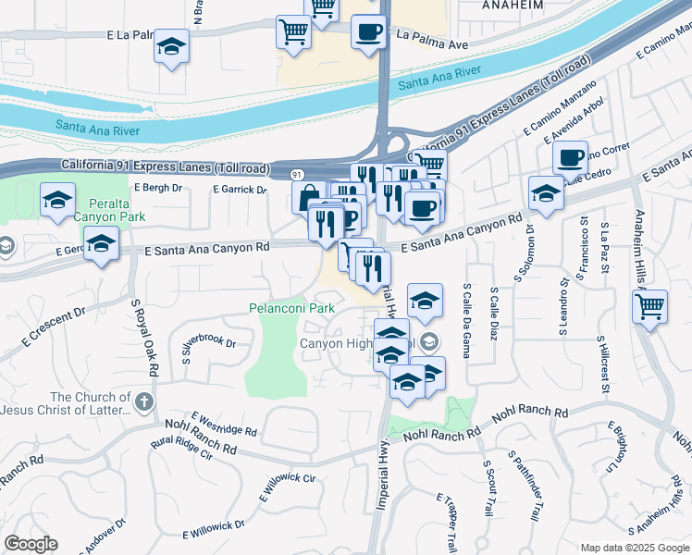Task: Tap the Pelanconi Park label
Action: pyautogui.click(x=291, y=307)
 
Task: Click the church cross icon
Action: pyautogui.click(x=142, y=401)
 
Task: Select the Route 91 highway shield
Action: pyautogui.click(x=297, y=174)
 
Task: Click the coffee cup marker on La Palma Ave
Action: pyautogui.click(x=368, y=31)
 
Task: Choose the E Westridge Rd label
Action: pyautogui.click(x=225, y=425)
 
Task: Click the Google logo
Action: pyautogui.click(x=31, y=544)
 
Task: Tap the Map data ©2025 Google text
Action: pyautogui.click(x=634, y=548)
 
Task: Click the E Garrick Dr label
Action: pyautogui.click(x=239, y=189)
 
